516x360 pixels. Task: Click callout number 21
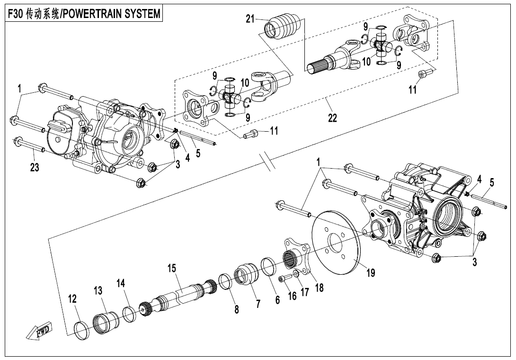[250, 18]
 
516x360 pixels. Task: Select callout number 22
[332, 117]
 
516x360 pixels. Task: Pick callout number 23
[35, 167]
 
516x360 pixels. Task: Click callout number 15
[171, 268]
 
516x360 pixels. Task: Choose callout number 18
[320, 287]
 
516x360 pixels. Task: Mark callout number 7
[258, 304]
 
